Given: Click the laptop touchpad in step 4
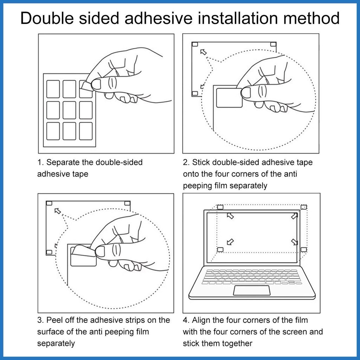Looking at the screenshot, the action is [x=252, y=290].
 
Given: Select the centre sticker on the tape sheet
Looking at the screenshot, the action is [x=69, y=110].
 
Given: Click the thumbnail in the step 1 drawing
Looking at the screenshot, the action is [x=96, y=84].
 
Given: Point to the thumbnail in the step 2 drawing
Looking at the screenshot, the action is [x=246, y=93].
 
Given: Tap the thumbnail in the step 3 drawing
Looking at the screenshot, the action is [x=100, y=251].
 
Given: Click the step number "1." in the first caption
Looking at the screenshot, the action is [x=40, y=162].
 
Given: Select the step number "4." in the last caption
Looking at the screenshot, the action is [x=186, y=320].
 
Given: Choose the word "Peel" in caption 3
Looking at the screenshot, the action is [x=54, y=320].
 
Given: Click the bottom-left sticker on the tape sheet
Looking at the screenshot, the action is [x=53, y=131].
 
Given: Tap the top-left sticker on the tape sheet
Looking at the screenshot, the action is [x=53, y=89].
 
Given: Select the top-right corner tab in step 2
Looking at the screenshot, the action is [x=273, y=44].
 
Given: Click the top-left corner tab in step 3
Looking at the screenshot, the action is [x=49, y=204].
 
